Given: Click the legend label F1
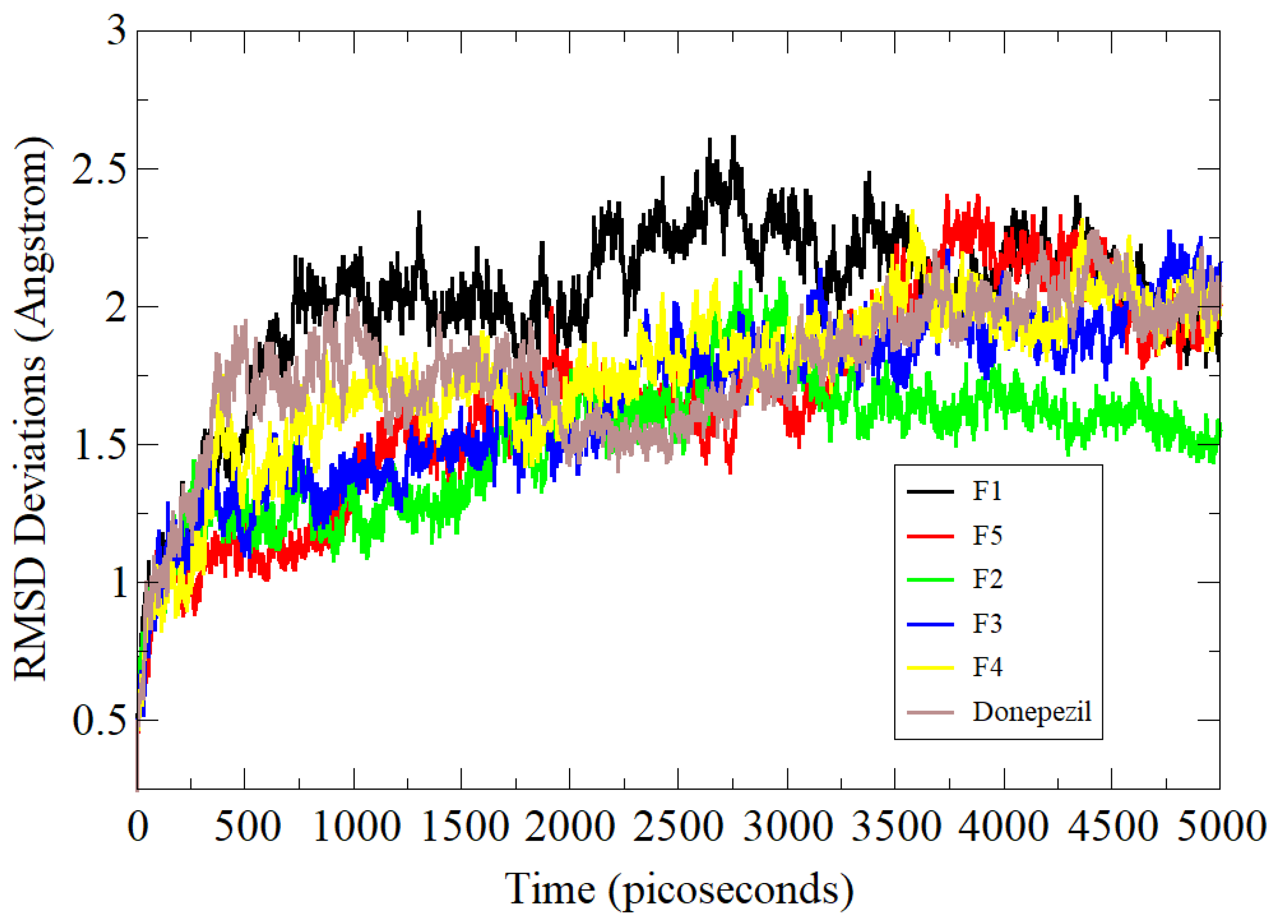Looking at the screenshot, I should (987, 491).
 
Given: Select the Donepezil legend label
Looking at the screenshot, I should (1032, 712).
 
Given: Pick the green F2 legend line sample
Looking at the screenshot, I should (930, 579).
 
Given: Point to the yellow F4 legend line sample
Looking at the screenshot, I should (930, 667).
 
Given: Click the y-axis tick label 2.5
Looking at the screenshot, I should (98, 169).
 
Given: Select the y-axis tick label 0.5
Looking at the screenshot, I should (98, 721).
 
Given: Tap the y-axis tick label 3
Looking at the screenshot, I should (116, 30).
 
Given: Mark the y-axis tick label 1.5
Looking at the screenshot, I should (98, 445).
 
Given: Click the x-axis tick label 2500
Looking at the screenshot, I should (678, 827).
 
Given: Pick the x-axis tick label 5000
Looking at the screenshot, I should (1220, 827).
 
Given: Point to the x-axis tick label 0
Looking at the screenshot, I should (138, 827).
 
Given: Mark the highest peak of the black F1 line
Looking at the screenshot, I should (733, 137).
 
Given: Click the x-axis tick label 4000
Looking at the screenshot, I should (1004, 827).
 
